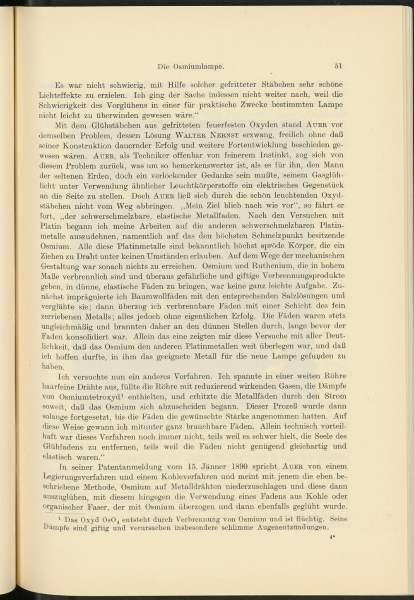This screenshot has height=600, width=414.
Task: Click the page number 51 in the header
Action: pyautogui.click(x=338, y=66)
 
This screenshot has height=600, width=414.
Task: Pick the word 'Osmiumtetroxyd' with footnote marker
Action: pyautogui.click(x=93, y=397)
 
